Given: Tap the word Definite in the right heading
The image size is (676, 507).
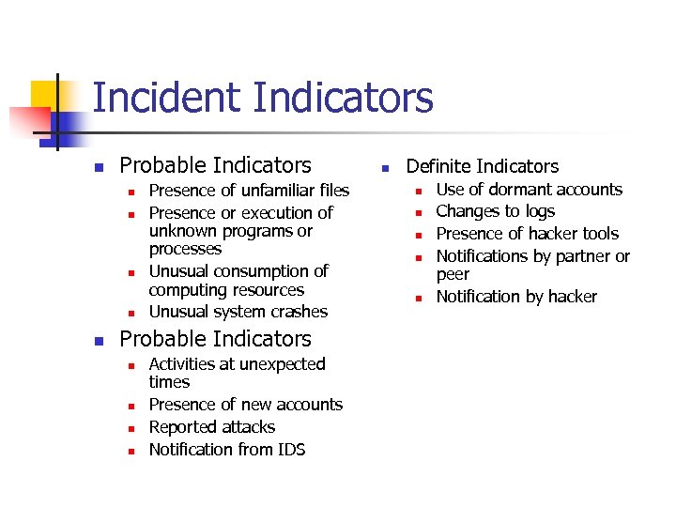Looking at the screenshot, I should coord(439,166).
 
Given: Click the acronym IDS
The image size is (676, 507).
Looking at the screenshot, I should coord(290,450).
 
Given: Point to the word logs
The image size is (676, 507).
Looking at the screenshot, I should coord(540,212).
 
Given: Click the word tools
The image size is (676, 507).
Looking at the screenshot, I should coord(599,234).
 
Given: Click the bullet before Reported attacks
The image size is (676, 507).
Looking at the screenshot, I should coord(131,428).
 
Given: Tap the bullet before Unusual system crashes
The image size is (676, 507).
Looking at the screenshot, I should coord(131,313).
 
